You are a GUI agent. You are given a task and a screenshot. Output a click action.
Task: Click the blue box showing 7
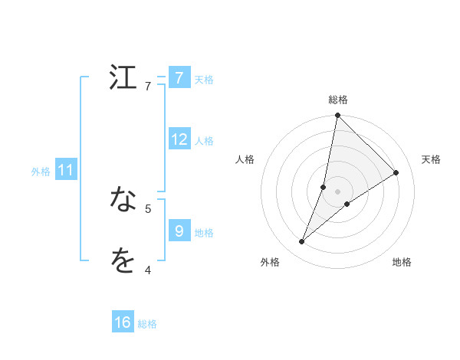tap(179, 78)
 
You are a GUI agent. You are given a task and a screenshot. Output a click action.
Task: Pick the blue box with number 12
tap(179, 139)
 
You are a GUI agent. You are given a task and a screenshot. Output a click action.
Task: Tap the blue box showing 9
tap(179, 231)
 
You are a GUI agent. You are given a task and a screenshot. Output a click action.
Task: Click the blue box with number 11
tap(66, 170)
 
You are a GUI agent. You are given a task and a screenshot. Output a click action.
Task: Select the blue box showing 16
tap(123, 322)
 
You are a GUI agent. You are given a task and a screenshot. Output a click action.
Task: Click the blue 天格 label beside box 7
tap(204, 79)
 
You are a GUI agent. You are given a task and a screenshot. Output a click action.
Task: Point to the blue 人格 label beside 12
tap(204, 140)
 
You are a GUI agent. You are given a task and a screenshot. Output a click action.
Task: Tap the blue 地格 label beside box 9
tap(204, 232)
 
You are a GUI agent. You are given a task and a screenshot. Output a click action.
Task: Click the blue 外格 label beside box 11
tap(41, 172)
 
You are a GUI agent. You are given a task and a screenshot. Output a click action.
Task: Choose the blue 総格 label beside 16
tap(147, 324)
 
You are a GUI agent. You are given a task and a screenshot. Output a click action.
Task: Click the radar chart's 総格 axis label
tap(338, 100)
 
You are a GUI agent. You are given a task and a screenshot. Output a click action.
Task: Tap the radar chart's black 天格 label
tap(432, 159)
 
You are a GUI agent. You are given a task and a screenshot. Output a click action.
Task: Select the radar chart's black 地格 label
tap(402, 262)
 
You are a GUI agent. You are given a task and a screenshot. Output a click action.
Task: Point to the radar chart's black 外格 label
tap(270, 262)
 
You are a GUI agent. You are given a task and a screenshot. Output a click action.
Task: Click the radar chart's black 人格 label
tap(245, 159)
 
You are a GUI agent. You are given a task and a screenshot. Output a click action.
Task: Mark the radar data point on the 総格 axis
tap(337, 116)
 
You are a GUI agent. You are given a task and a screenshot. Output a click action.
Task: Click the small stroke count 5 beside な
tap(148, 208)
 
